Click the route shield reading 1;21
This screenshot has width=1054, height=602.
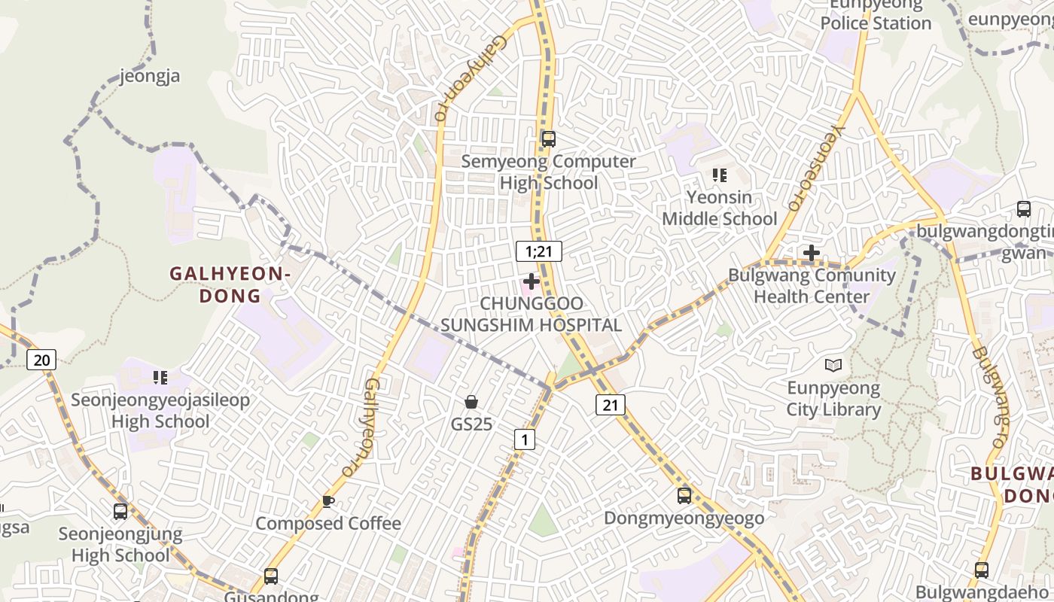pos(539,251)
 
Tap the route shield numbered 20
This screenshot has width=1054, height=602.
pos(41,360)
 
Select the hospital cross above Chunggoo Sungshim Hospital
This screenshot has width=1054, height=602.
pos(532,282)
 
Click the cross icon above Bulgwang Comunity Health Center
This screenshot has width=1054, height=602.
pos(811,253)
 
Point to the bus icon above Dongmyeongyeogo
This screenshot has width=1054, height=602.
pos(684,496)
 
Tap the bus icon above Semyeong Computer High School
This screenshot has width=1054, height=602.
pos(548,138)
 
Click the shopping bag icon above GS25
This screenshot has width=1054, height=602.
pos(471,402)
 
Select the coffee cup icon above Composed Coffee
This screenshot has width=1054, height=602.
pos(327,501)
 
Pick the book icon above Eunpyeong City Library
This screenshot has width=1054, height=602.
pos(833,366)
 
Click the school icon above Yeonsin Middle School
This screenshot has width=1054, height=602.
pos(719,175)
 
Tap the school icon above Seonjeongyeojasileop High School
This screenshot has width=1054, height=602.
pos(160,377)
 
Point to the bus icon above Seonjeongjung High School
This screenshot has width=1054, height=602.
pos(120,512)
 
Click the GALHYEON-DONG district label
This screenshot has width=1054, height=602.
pos(230,284)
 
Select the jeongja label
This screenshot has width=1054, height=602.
pos(150,76)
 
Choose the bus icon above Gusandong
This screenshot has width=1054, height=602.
pos(270,576)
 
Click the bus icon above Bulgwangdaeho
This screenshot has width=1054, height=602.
pos(982,570)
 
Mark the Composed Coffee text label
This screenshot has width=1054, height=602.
pos(328,524)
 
